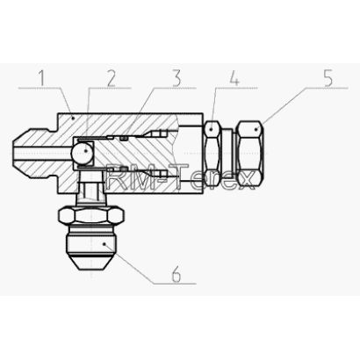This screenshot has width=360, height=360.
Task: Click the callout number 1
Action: point(42,78)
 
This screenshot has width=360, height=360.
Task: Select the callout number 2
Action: point(111,78)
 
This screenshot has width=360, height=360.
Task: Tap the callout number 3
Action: point(176,78)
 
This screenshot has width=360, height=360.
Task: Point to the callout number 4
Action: point(234,78)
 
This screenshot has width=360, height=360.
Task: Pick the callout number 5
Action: point(328,78)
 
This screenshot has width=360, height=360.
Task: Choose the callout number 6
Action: point(176,275)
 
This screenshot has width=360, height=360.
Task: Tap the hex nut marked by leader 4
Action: point(212,153)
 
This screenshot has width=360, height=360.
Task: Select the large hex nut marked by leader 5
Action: point(249,154)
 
